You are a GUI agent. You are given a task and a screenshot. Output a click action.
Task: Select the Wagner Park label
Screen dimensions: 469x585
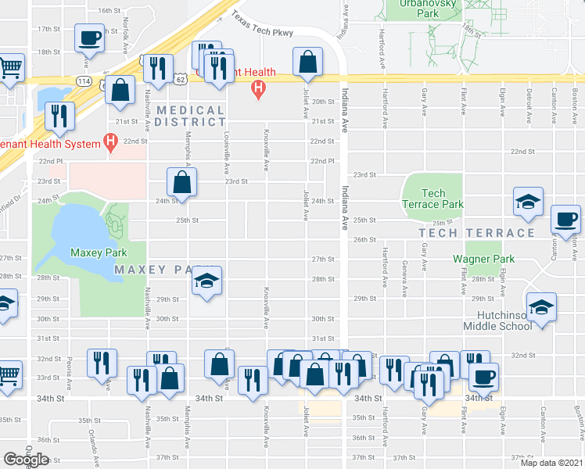pyautogui.click(x=483, y=259)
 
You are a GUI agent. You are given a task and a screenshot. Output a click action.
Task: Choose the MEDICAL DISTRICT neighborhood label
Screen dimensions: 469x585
pyautogui.click(x=189, y=116)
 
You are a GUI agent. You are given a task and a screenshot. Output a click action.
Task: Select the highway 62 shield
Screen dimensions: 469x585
pyautogui.click(x=181, y=79)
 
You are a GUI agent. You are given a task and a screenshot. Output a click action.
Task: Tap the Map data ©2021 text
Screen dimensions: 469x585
pyautogui.click(x=551, y=463)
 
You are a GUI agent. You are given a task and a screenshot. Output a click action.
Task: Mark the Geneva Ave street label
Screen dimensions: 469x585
pyautogui.click(x=405, y=279)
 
